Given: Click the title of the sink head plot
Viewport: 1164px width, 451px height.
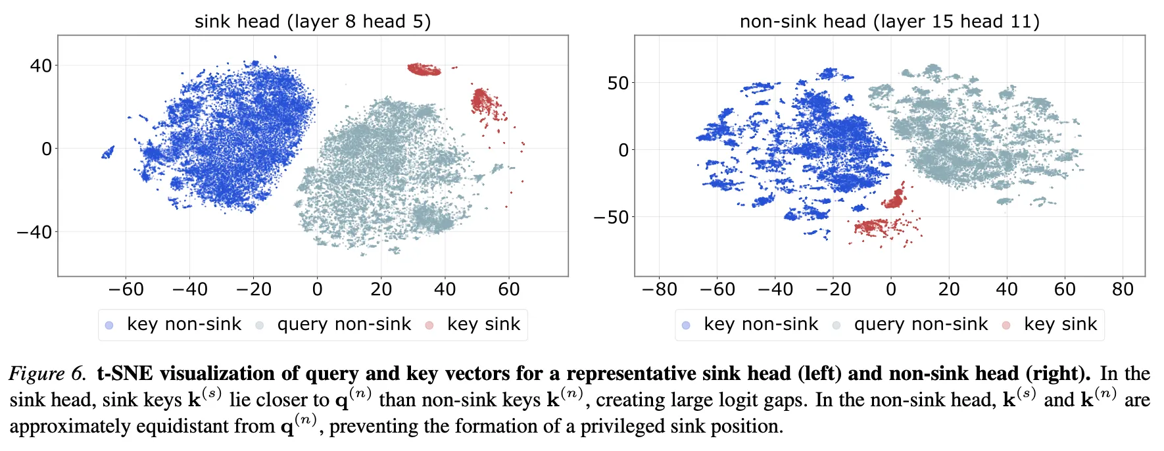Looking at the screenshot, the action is pyautogui.click(x=312, y=22).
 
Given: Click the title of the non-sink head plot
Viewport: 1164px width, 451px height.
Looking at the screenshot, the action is pyautogui.click(x=889, y=22).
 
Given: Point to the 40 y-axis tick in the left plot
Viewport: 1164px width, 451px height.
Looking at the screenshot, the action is pyautogui.click(x=41, y=66).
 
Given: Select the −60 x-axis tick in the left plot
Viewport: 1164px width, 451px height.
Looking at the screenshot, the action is pyautogui.click(x=126, y=289).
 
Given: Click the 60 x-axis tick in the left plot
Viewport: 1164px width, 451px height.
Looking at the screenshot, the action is pyautogui.click(x=508, y=289).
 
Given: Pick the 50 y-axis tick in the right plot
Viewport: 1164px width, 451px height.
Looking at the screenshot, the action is pyautogui.click(x=618, y=83).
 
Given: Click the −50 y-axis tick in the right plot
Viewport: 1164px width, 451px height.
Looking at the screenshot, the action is pyautogui.click(x=611, y=217).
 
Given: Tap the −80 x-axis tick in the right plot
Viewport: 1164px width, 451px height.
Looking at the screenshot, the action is pyautogui.click(x=659, y=289).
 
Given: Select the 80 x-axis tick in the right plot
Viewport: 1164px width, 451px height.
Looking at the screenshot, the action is pyautogui.click(x=1123, y=289).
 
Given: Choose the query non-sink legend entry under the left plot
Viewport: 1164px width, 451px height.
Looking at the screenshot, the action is pyautogui.click(x=333, y=324).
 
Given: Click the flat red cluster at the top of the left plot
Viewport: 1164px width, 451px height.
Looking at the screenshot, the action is pyautogui.click(x=424, y=69).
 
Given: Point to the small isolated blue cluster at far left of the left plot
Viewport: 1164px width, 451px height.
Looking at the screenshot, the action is pyautogui.click(x=108, y=153).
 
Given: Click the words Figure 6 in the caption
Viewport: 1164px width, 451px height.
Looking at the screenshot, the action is pyautogui.click(x=47, y=374).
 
